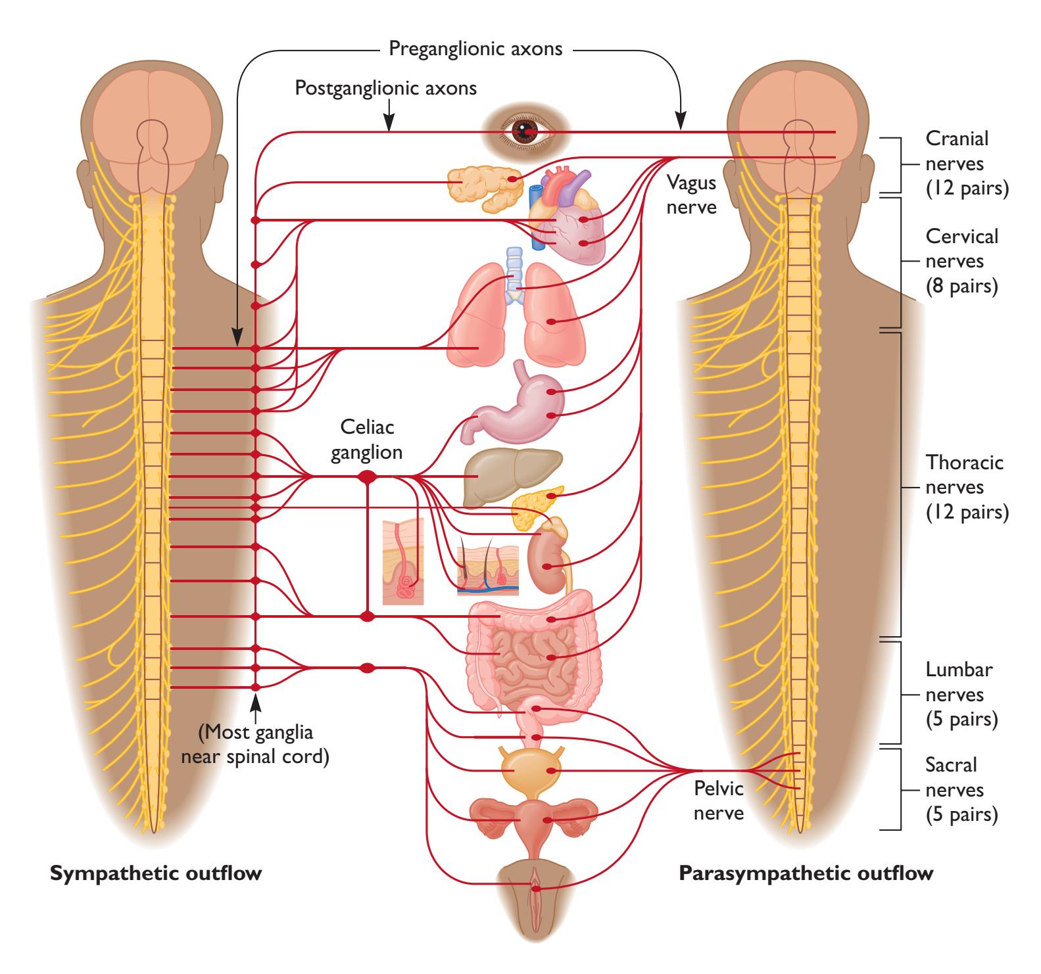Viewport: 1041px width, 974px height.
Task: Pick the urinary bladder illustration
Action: (529, 770)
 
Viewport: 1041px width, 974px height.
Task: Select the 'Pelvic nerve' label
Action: (719, 800)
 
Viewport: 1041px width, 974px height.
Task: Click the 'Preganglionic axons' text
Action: (475, 49)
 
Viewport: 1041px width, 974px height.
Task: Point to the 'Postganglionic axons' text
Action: (386, 87)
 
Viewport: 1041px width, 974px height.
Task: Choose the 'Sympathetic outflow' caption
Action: (157, 874)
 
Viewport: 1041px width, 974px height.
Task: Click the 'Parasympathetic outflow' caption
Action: (806, 874)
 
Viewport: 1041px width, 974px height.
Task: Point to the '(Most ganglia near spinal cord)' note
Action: (256, 744)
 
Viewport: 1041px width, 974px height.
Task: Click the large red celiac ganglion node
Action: (367, 476)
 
